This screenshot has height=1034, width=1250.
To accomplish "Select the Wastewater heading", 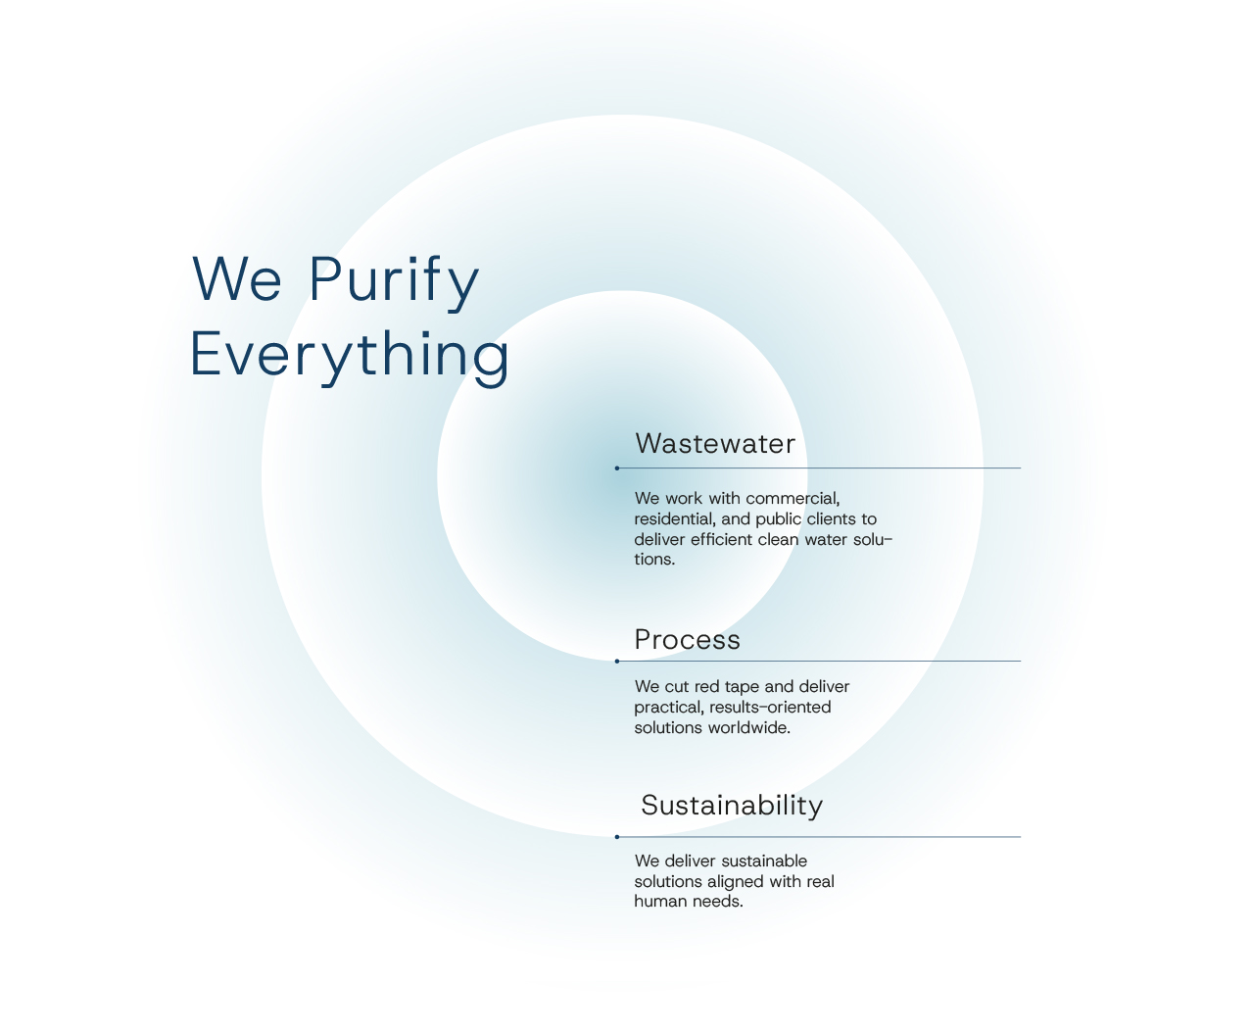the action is [715, 444].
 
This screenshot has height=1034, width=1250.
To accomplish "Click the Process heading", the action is [688, 640].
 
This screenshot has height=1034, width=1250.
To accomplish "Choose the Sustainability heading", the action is [732, 806].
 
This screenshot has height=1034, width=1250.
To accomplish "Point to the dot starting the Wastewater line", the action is [617, 468].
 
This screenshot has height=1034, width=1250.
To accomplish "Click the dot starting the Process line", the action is [617, 662].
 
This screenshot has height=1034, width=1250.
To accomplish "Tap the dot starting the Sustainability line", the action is [617, 837].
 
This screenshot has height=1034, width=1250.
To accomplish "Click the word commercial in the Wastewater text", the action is [793, 499].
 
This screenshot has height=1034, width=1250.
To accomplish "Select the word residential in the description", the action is [675, 519].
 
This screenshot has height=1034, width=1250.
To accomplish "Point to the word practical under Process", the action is [669, 708].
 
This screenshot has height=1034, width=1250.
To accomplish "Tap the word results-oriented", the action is [770, 708].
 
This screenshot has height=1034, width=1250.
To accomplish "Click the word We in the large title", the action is [236, 278].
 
